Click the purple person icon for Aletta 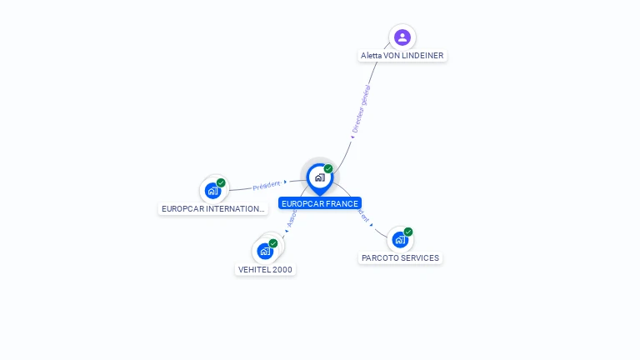click(402, 37)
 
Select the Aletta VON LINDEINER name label click(402, 56)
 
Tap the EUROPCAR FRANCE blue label click(320, 203)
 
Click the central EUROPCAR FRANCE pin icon click(319, 177)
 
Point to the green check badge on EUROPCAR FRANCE click(328, 169)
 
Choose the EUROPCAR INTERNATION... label click(212, 208)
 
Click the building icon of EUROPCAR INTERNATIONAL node click(212, 191)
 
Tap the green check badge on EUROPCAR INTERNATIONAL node click(221, 182)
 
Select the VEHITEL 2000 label click(266, 269)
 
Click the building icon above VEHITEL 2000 click(265, 250)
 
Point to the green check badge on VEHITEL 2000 click(273, 243)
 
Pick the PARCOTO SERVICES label click(400, 257)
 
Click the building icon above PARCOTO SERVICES click(400, 240)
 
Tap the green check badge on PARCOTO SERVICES click(408, 232)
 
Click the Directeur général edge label click(361, 108)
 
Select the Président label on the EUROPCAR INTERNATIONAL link click(267, 185)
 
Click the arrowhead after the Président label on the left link click(285, 182)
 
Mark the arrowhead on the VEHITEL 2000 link click(287, 231)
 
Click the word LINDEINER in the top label click(425, 56)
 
